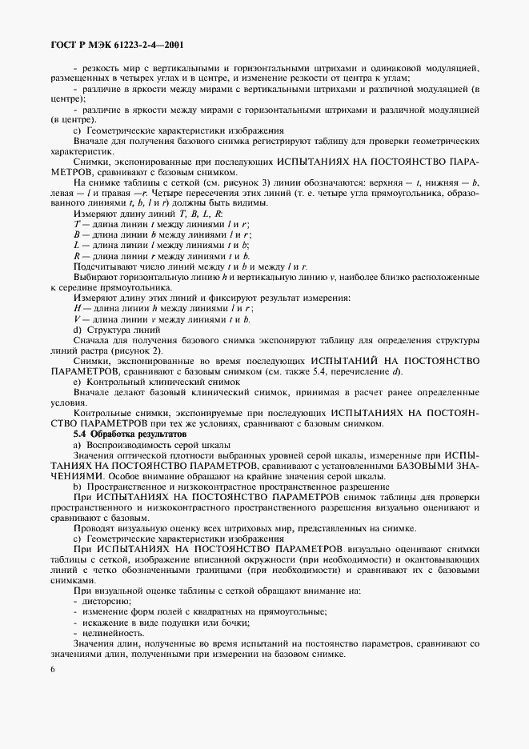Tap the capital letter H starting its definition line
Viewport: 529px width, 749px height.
click(77, 308)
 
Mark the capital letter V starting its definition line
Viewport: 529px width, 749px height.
click(76, 318)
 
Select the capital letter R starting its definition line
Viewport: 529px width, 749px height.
click(76, 256)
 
